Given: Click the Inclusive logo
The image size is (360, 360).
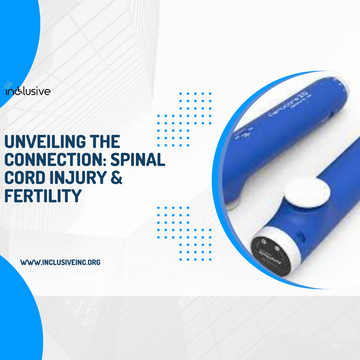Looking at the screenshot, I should pos(27,91).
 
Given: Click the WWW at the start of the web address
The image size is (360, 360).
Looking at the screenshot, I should pos(32,262).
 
